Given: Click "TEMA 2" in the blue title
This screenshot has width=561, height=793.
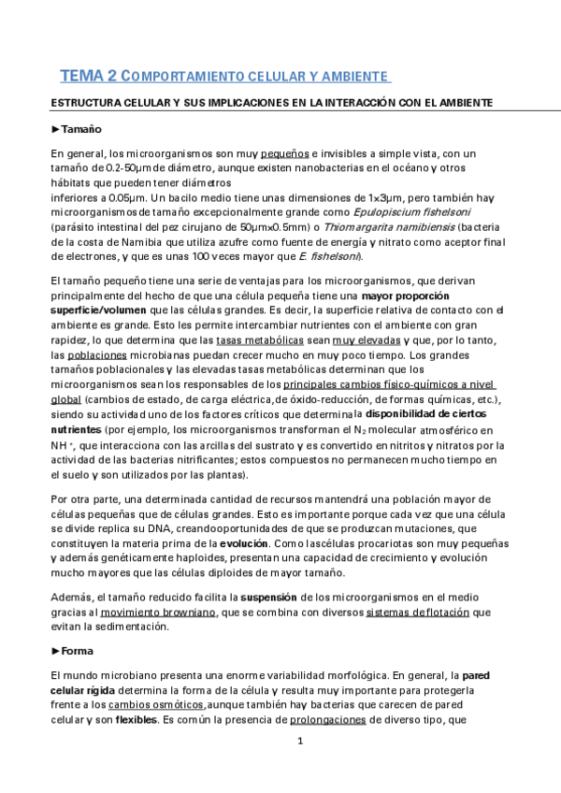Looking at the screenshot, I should pos(89,74).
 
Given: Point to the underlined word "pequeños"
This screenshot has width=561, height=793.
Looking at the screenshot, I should pos(284,153).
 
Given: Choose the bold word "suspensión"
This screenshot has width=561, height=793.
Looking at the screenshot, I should pos(270,597).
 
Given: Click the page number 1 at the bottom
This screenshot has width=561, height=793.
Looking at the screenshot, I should pos(301,743).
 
